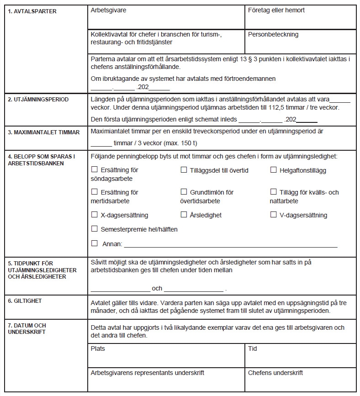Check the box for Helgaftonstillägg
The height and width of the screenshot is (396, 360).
coord(274,170)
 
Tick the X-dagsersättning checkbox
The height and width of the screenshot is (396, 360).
coord(95,214)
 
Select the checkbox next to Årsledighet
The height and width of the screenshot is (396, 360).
coord(184,214)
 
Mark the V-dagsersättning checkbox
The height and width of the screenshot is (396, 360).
coord(274,214)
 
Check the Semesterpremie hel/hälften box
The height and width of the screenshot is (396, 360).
coord(95,229)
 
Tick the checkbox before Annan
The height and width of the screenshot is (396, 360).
coord(95,243)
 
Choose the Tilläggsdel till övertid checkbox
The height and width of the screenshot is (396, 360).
coord(184,170)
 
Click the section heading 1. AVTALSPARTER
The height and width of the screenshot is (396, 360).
coord(32,11)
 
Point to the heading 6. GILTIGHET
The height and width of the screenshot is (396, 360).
coord(25,301)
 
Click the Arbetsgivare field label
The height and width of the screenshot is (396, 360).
coord(108,10)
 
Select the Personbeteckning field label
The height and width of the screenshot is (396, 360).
coord(273,34)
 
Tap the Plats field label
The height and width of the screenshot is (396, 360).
coord(98,348)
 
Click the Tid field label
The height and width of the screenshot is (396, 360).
coord(252,348)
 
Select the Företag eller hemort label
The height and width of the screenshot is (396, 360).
coord(276,10)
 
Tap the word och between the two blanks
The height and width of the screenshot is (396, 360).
coord(157,289)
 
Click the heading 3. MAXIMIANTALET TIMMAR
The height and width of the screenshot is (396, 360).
coord(44,132)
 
